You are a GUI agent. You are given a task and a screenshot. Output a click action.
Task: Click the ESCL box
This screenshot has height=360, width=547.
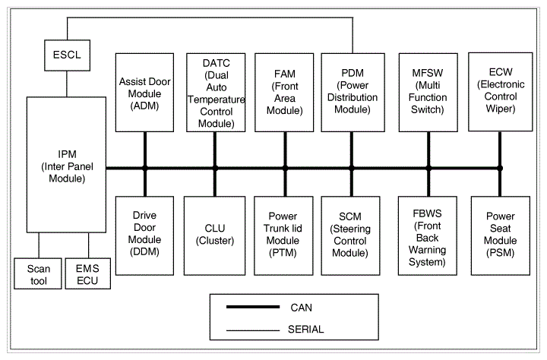[x=67, y=55]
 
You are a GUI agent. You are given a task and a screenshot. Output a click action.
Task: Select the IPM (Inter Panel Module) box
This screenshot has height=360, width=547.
[x=66, y=165]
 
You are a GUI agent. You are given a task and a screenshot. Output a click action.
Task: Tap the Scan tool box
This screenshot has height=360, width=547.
[x=38, y=274]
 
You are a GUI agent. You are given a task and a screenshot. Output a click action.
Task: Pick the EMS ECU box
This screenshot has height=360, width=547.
[x=88, y=274]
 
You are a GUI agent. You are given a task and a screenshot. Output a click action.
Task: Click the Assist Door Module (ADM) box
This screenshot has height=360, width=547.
[x=145, y=93]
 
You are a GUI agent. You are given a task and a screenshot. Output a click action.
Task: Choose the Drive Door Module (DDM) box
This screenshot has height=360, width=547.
[x=145, y=235]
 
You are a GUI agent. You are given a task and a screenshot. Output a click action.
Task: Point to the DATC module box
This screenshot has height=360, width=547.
[x=216, y=93]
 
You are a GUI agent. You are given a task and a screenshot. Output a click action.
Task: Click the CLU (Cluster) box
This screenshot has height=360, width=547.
[x=214, y=235]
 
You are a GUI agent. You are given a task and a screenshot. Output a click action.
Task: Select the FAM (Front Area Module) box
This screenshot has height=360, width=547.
[x=284, y=93]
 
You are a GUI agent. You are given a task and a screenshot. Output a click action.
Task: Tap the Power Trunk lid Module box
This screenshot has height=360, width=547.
[x=283, y=235]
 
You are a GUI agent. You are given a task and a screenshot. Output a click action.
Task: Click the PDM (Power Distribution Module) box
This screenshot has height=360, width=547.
[x=353, y=93]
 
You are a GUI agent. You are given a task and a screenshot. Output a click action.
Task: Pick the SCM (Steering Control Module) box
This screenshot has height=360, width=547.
[x=350, y=235]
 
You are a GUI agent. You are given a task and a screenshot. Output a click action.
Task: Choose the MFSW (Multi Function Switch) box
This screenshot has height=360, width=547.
[x=428, y=93]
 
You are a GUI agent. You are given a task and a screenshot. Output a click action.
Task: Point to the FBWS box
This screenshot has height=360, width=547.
[x=428, y=235]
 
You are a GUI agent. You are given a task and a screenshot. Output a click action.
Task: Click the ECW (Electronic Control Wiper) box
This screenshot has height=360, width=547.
[x=501, y=92]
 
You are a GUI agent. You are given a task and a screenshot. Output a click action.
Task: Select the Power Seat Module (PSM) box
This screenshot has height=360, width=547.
[x=501, y=235]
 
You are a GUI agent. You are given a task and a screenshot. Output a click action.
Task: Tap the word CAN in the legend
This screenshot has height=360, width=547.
[x=302, y=308]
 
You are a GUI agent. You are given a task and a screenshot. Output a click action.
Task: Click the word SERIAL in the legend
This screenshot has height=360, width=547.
[x=306, y=330]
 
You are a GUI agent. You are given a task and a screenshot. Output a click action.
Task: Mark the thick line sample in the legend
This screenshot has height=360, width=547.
[x=253, y=307]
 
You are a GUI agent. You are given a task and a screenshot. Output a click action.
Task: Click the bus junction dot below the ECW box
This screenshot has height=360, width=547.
[x=500, y=168]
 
